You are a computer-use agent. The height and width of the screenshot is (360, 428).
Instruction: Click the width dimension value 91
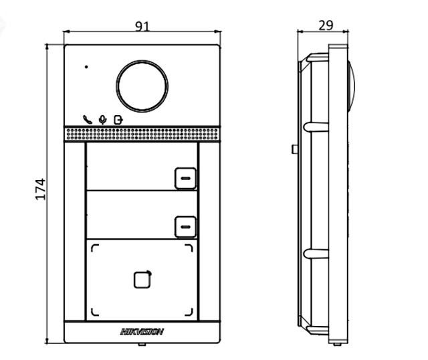pos(142,26)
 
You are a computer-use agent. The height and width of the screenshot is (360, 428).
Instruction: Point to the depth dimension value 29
pos(325,25)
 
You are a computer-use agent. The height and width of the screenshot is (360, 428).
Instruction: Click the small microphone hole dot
pos(86,67)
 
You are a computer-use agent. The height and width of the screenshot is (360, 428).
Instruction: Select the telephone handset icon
pos(88,119)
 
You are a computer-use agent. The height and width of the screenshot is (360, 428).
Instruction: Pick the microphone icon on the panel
pos(102,119)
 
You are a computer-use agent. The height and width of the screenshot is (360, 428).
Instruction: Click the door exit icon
pos(118,119)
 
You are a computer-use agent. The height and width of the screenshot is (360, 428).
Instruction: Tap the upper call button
pos(185,177)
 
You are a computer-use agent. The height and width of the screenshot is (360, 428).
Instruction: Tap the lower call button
pos(185,227)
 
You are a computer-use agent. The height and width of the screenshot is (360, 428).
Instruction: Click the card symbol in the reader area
pos(142,278)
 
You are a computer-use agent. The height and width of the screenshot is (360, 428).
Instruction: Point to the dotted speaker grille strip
pos(142,134)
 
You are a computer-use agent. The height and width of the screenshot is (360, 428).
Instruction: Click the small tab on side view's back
pos(294,148)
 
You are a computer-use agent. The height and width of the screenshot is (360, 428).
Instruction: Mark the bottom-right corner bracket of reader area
pos(191,311)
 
